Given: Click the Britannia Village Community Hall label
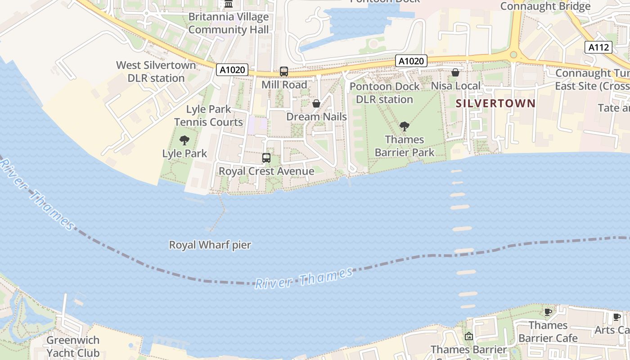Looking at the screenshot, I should point(228,23).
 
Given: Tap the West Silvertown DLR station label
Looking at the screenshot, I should point(156,72).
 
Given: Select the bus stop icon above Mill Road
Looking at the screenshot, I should point(284,72).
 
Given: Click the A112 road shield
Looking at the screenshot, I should point(599,47).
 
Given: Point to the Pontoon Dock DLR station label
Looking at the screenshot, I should point(384,93).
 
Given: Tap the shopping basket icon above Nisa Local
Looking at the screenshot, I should point(455,72).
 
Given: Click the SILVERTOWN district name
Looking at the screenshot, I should point(495,103).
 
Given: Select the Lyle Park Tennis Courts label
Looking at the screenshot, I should point(208,116).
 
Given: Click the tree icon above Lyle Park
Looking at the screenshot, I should point(184,140).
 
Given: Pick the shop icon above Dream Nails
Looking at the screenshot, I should point(316,103).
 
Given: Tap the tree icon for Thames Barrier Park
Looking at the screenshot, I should point(405,126).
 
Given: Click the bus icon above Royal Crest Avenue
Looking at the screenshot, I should point(266,158).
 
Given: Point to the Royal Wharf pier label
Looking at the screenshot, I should point(210,245).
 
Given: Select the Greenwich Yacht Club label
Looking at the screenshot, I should point(73,346).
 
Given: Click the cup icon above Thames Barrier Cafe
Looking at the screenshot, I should point(548,312).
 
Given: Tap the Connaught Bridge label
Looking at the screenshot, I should point(545,6).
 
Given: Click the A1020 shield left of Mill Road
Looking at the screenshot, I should point(232,70).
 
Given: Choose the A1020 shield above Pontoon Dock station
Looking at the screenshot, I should point(411,61).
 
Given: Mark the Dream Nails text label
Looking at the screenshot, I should point(316,117).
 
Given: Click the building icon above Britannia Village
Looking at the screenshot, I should point(229,4).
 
